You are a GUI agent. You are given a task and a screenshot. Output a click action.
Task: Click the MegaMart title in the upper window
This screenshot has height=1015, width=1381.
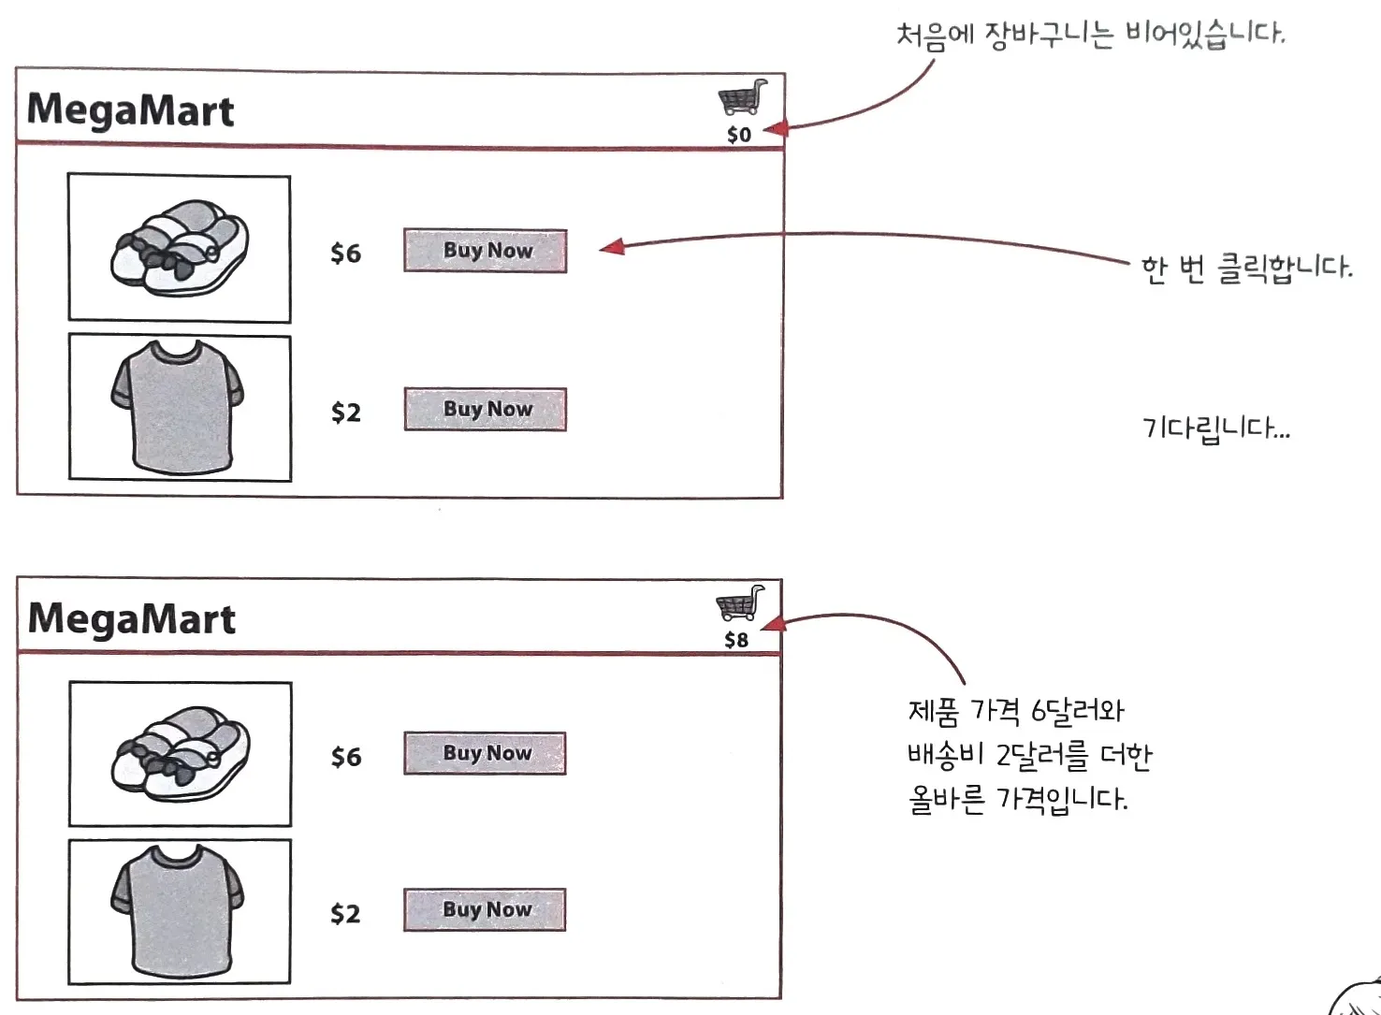click(x=130, y=110)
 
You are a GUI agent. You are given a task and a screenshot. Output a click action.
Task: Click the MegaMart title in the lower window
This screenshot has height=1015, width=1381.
click(x=131, y=619)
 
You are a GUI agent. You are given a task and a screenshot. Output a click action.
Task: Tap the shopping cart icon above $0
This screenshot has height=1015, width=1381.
click(x=743, y=97)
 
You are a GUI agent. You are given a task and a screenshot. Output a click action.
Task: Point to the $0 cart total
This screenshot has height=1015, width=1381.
click(x=739, y=135)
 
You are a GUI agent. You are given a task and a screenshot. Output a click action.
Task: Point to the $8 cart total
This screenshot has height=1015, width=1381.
click(x=736, y=640)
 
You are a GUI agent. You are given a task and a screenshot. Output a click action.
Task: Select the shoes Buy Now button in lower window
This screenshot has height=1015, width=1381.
click(x=485, y=753)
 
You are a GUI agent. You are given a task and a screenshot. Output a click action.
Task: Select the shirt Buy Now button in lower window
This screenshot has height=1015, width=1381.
click(x=485, y=909)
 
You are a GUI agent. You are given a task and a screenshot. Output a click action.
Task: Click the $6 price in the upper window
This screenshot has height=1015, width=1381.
click(x=345, y=254)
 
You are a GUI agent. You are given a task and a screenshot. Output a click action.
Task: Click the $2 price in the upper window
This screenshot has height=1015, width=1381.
click(x=345, y=413)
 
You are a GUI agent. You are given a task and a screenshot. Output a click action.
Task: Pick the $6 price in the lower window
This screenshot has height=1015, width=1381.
click(x=345, y=757)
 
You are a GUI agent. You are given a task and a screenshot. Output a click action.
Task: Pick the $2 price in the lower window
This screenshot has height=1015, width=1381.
click(x=345, y=913)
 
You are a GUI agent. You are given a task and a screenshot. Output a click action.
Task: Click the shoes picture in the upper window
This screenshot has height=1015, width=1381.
click(x=180, y=248)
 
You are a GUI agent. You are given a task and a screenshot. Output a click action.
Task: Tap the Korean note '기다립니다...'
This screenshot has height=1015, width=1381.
click(x=1215, y=429)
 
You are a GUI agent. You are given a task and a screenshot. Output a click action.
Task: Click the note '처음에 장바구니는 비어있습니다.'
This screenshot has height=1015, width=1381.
click(x=1090, y=36)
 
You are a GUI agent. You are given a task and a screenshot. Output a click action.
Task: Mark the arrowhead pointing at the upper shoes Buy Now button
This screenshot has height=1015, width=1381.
click(x=612, y=247)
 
